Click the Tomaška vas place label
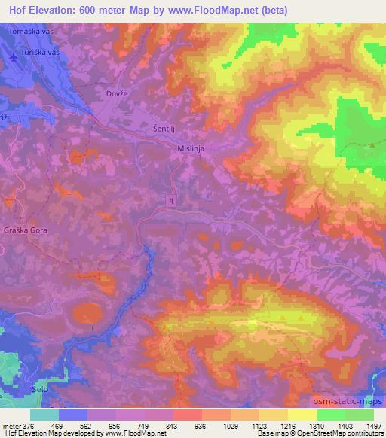[30, 33]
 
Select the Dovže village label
[111, 94]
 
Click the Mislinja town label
[191, 149]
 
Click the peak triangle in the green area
[372, 145]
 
